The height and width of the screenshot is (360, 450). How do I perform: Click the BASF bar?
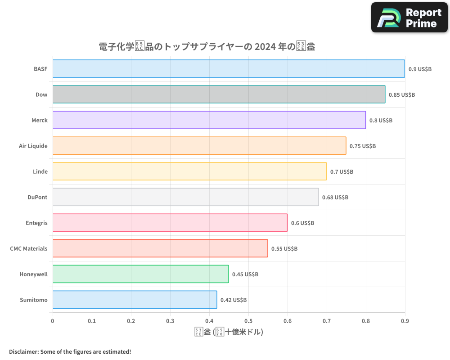[229, 69]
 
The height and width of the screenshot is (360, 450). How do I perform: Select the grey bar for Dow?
[219, 94]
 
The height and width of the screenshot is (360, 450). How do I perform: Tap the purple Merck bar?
[209, 120]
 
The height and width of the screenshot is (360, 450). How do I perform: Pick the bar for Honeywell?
[140, 274]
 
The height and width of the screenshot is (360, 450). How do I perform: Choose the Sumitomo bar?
[135, 300]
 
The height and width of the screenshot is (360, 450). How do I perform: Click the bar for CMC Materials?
[160, 248]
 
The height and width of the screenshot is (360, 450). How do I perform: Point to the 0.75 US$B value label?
[362, 146]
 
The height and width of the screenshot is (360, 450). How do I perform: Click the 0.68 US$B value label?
[335, 198]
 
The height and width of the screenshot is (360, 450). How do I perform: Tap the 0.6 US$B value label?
[302, 223]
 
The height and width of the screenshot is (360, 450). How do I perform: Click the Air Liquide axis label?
[33, 146]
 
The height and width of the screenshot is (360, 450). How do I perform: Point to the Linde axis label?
[40, 171]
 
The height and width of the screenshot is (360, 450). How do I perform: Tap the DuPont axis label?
[37, 197]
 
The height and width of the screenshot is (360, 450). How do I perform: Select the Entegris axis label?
[36, 223]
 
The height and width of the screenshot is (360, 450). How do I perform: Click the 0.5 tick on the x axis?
[248, 321]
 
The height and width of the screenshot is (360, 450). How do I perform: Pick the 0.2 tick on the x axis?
[131, 321]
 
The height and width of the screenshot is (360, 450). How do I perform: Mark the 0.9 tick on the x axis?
[405, 321]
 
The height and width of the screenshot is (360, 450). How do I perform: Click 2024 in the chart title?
[265, 47]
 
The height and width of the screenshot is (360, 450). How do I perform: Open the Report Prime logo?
[409, 18]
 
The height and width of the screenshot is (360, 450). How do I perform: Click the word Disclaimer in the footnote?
[23, 351]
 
